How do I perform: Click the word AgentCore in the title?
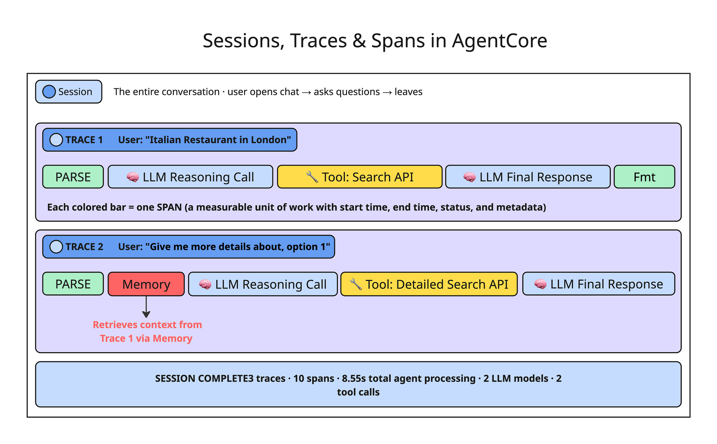[499, 41]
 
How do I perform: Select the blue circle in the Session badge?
[49, 92]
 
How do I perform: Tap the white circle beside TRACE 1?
[56, 140]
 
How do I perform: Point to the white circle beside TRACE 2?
[56, 247]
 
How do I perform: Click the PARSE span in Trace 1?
[73, 177]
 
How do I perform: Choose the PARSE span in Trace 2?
[73, 284]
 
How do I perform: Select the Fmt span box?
[644, 177]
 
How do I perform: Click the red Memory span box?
[146, 284]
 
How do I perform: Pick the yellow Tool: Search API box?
[360, 177]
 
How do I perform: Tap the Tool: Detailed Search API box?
[429, 284]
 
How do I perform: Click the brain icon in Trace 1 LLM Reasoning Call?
[133, 177]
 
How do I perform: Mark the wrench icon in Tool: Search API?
[312, 177]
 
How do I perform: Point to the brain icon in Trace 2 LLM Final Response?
[540, 284]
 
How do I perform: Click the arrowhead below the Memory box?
[146, 314]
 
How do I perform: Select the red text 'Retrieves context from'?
[147, 325]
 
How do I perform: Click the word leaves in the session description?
[408, 92]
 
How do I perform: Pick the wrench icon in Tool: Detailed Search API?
[356, 284]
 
